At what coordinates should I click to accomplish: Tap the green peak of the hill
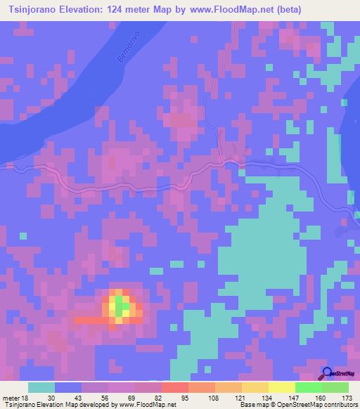click(x=122, y=306)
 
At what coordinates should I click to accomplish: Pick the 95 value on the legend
click(x=186, y=398)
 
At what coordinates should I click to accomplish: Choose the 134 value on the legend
click(x=266, y=398)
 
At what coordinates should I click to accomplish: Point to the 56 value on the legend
click(x=105, y=398)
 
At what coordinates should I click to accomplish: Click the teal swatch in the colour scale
click(x=41, y=387)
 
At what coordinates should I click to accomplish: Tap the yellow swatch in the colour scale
click(x=281, y=387)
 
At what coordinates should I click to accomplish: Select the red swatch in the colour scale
click(x=174, y=387)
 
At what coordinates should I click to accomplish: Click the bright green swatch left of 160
click(x=308, y=387)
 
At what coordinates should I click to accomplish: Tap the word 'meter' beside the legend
click(x=9, y=398)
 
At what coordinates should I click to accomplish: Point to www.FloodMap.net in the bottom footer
click(x=147, y=405)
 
